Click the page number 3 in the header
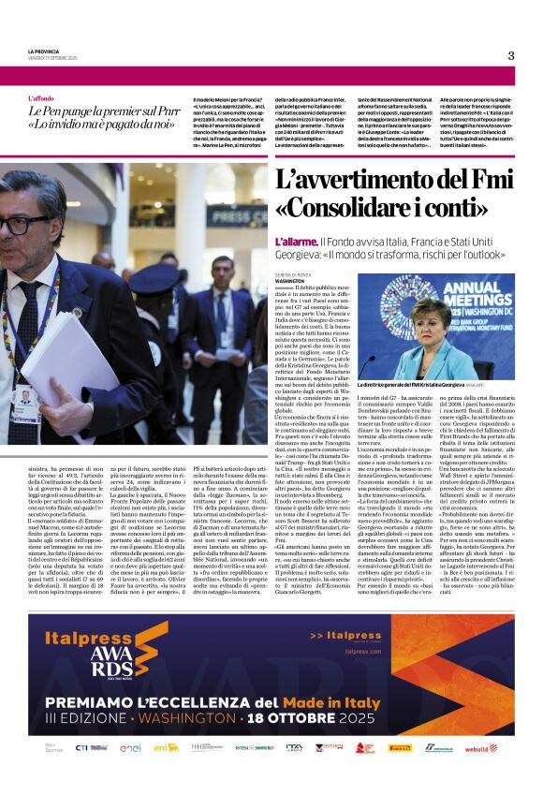[511, 55]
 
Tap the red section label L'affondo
[41, 98]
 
